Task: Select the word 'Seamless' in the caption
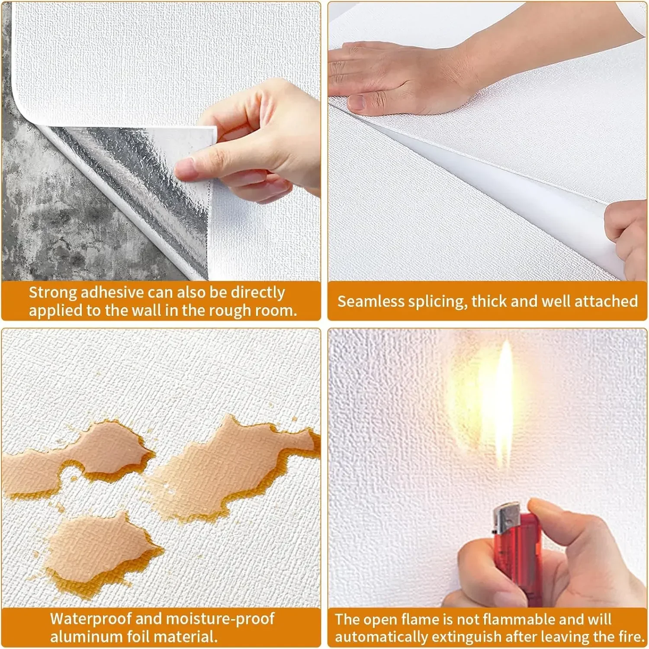pos(370,301)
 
